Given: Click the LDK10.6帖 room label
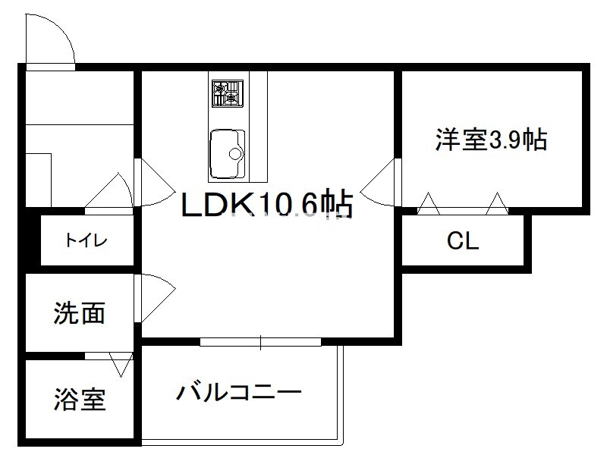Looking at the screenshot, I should (x=266, y=204).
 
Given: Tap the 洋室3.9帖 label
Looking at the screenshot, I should (x=491, y=140).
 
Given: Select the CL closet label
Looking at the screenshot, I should (x=462, y=241).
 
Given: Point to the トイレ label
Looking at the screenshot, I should (x=85, y=241).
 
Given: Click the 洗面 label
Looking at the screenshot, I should (x=79, y=312).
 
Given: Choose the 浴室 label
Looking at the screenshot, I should (x=79, y=399).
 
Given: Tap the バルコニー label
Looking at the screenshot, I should (x=240, y=393).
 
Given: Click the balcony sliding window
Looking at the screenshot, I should (x=260, y=343).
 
